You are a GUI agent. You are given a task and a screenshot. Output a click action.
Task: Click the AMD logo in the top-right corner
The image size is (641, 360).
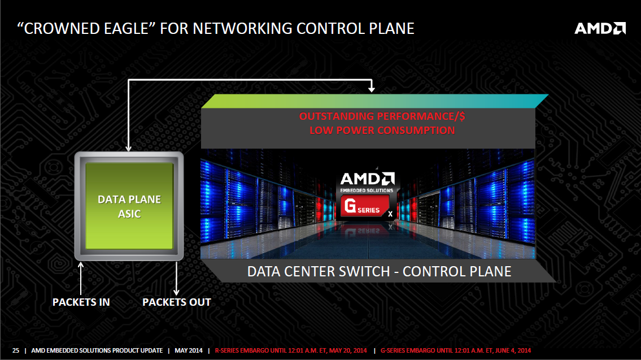[600, 28]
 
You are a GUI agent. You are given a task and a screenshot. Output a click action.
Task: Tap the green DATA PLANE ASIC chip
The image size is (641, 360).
[129, 206]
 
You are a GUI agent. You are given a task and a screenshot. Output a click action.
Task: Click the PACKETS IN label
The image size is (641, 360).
[81, 302]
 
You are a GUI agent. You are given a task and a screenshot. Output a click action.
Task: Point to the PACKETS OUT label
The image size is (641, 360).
[177, 302]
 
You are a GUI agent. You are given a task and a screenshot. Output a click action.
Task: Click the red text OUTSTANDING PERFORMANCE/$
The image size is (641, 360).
[382, 117]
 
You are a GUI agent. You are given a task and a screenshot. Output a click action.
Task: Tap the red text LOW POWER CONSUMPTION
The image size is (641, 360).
[382, 131]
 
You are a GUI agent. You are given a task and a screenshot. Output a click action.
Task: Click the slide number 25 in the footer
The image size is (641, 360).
[16, 350]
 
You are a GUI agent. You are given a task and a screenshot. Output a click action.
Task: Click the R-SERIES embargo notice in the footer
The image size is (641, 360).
[291, 350]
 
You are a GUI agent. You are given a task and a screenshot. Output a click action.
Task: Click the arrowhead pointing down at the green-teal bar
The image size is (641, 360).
[371, 89]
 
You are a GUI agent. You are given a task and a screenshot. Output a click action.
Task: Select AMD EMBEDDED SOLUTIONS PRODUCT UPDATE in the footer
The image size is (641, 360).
[97, 350]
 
